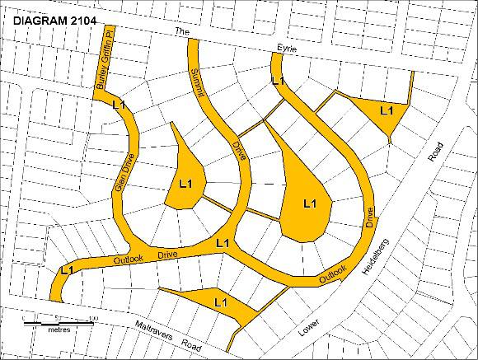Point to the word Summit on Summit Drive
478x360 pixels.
199,86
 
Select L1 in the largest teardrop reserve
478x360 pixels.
311,203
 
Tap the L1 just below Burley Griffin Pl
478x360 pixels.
118,105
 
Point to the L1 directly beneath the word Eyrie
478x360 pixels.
278,81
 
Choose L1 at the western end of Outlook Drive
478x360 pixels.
67,269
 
